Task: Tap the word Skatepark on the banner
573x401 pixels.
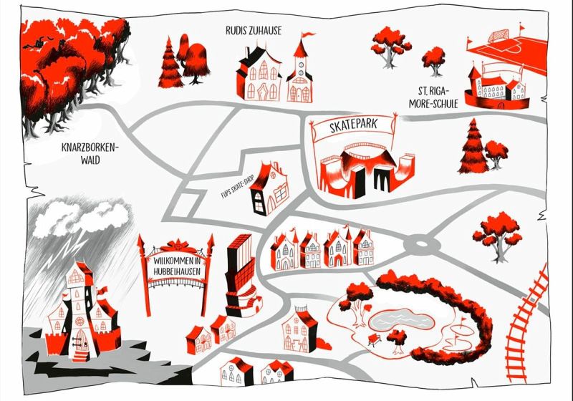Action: (x=352, y=127)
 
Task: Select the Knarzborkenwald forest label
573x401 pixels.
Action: (x=90, y=155)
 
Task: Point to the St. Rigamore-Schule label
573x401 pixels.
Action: (x=438, y=96)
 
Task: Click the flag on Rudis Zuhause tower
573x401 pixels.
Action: (x=306, y=34)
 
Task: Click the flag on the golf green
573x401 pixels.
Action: (x=462, y=324)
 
